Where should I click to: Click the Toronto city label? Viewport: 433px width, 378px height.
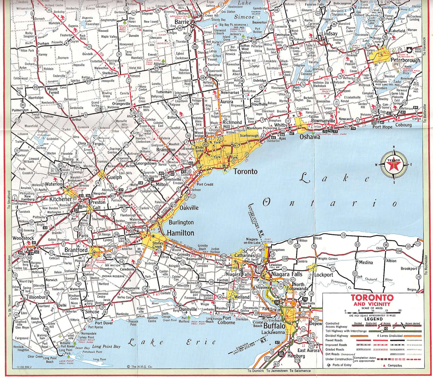245,172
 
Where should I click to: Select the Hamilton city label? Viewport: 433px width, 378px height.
180,233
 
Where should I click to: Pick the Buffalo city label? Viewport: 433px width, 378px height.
274,326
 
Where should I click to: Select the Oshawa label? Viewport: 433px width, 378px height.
310,137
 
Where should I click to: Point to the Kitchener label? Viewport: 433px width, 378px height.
61,199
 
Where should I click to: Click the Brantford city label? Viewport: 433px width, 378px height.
76,250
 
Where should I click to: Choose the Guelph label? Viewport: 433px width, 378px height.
114,177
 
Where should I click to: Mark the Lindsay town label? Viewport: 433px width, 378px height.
329,33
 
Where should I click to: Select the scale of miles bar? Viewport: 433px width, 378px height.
372,312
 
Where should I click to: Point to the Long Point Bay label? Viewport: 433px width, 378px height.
106,346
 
